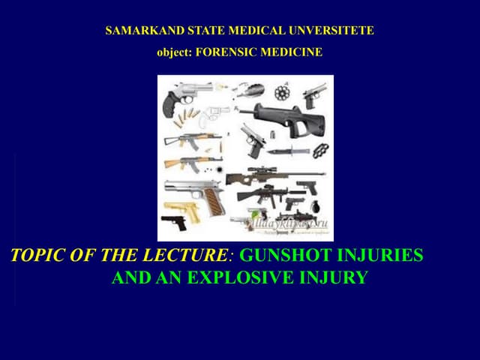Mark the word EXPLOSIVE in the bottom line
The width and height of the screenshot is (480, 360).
point(236,279)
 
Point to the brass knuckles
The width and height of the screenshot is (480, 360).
point(321,148)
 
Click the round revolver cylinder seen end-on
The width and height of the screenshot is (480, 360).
point(282,92)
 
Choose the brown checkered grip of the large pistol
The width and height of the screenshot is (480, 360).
point(214,199)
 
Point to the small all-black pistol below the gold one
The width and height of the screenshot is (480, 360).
point(174,222)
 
